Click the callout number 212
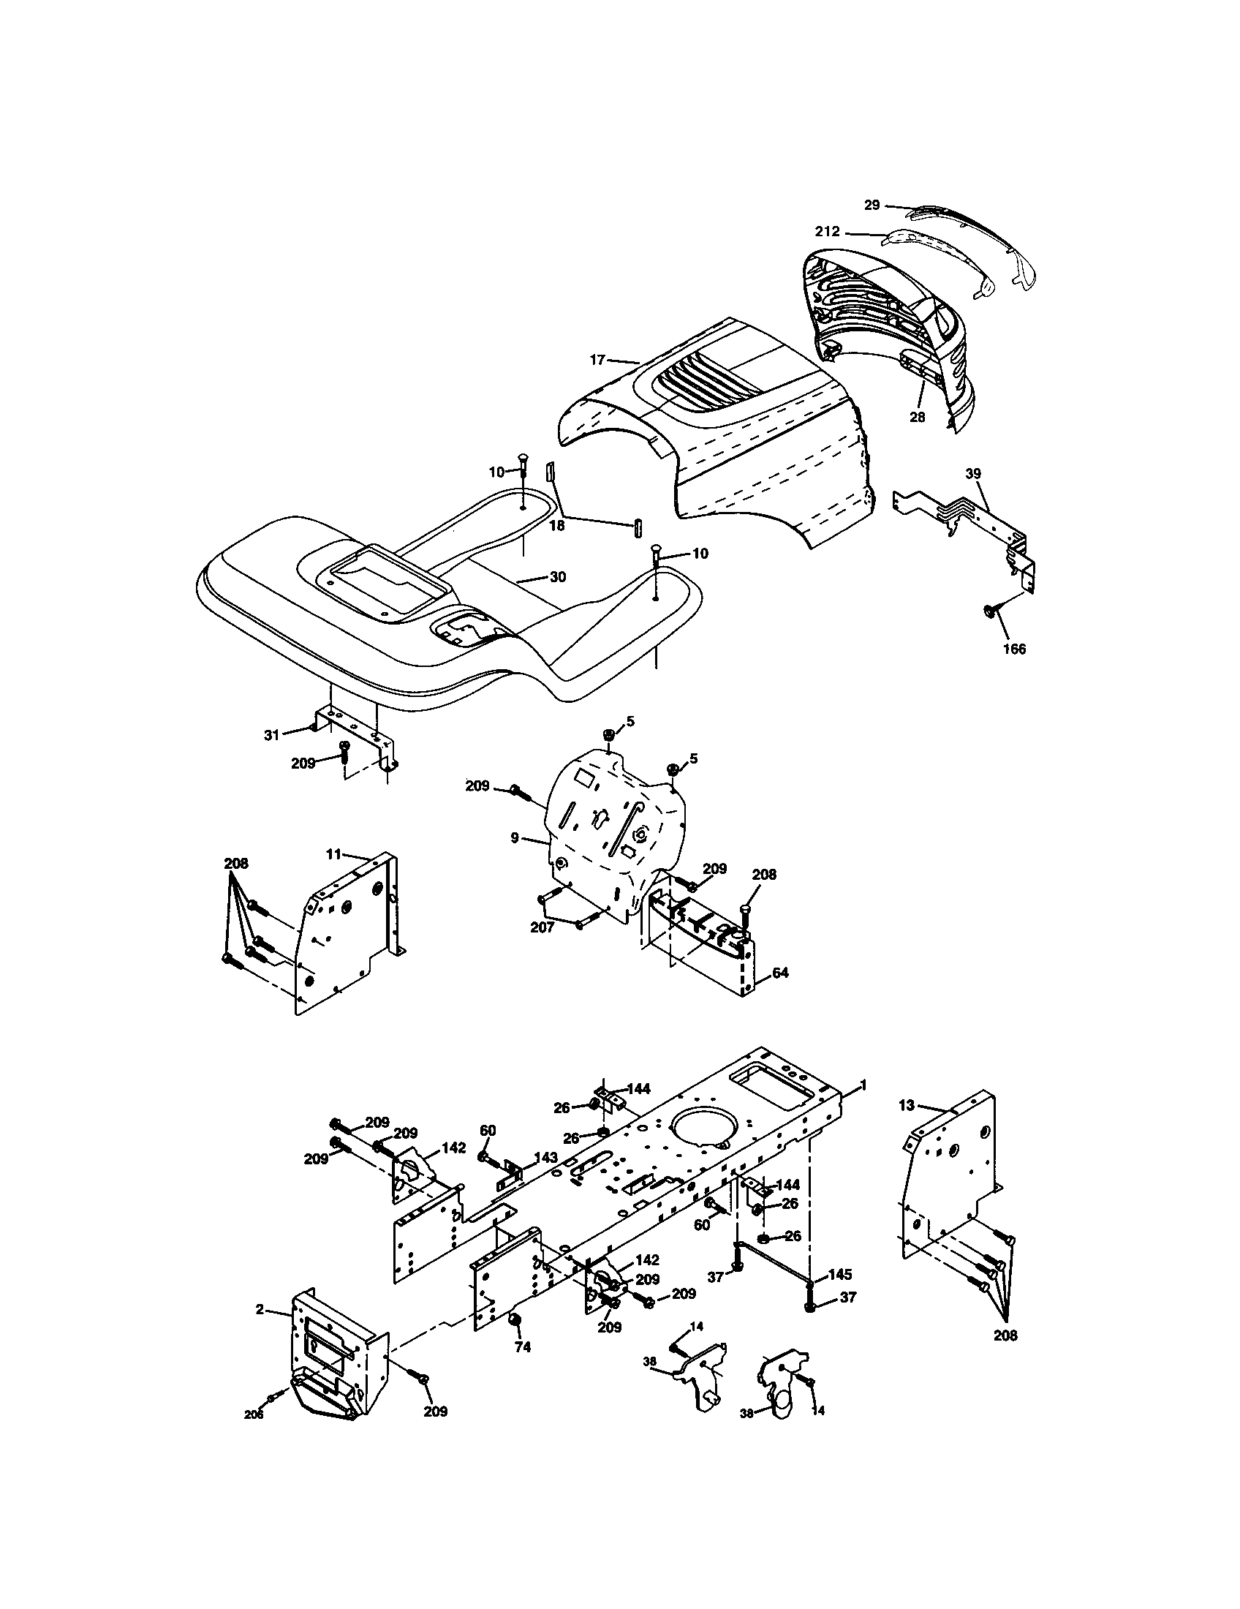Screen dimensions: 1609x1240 coord(828,231)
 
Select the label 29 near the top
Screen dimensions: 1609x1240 coord(872,206)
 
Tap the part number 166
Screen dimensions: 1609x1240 coord(1014,649)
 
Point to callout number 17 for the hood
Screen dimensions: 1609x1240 coord(597,360)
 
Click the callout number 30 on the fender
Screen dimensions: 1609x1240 coord(557,577)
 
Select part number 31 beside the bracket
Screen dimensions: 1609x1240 coord(272,734)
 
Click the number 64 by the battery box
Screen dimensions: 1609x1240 coord(781,973)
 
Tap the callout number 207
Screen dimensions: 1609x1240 coord(542,928)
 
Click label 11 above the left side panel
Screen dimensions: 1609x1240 coord(334,854)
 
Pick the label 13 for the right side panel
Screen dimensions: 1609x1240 coord(907,1126)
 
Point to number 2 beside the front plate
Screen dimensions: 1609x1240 coord(260,1309)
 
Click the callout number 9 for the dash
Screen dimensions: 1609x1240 coord(515,837)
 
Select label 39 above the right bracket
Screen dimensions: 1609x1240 coord(973,474)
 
